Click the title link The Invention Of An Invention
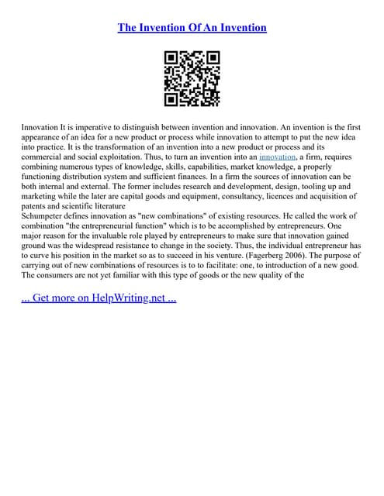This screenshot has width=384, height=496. point(192,28)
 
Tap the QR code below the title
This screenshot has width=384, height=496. point(192,78)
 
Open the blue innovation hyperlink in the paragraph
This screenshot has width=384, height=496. point(277,156)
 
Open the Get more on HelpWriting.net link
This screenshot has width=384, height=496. point(99,298)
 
